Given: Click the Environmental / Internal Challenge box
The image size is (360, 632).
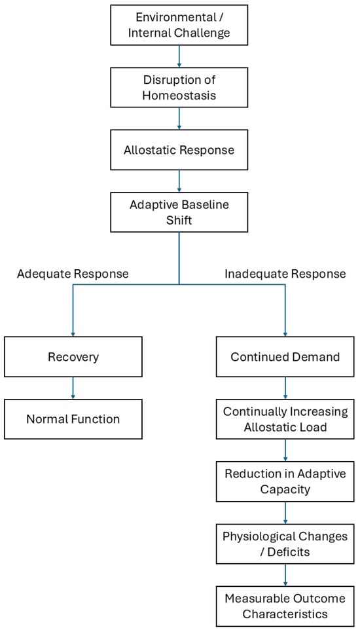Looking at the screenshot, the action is [179, 25].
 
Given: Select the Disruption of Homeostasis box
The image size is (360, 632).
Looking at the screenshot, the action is [179, 88].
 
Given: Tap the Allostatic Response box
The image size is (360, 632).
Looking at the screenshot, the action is [179, 150].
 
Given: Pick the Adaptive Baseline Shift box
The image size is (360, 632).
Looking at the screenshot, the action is [179, 212].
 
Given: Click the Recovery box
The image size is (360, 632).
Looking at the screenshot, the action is [73, 357].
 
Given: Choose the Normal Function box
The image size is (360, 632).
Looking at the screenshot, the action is [73, 419].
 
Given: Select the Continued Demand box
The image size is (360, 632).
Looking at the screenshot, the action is [285, 357].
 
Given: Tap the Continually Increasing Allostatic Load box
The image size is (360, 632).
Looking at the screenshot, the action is [285, 419].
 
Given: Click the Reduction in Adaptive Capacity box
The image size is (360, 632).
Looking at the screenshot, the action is [285, 481].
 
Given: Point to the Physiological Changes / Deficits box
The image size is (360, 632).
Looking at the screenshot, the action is [285, 544].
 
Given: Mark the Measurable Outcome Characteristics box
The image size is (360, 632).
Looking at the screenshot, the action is [285, 606].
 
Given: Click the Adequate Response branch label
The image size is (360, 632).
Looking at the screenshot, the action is [73, 274].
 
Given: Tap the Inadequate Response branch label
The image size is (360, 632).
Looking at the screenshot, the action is [285, 274].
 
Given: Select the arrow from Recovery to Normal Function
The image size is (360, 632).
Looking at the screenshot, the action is [73, 388].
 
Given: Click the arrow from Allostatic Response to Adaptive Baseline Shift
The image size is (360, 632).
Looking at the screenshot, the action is [179, 181].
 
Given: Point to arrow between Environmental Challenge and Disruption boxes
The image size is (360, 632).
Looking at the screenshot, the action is [179, 56].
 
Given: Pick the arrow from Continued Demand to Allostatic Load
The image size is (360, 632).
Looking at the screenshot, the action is [285, 388].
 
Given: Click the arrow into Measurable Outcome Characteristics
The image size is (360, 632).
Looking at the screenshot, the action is [285, 575].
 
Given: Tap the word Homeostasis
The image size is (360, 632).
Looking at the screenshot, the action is [179, 95].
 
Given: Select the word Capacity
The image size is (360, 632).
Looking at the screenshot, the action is [285, 489].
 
